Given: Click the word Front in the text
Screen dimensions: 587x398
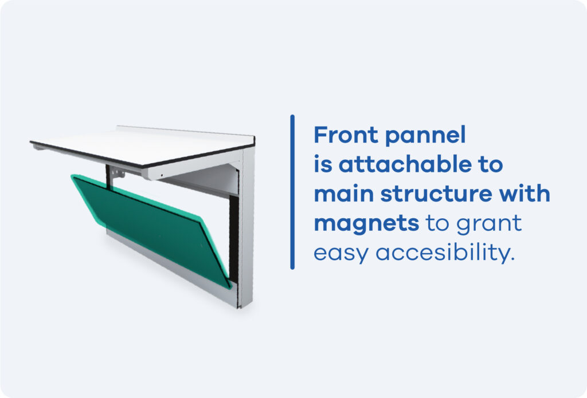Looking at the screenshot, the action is (x=346, y=135).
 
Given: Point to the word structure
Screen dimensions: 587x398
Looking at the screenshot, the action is (x=436, y=194).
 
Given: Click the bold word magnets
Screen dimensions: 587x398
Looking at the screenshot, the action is (x=366, y=224).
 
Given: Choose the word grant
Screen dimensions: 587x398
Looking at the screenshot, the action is (x=489, y=224).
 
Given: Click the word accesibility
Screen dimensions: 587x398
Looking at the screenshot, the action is (x=445, y=253).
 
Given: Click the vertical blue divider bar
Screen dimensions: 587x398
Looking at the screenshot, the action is (x=292, y=192).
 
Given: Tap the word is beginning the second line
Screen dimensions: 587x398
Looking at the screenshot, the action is (x=323, y=164).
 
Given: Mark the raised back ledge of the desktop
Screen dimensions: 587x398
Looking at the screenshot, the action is (x=185, y=131).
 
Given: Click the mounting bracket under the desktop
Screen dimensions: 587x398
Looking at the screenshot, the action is (x=118, y=173).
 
